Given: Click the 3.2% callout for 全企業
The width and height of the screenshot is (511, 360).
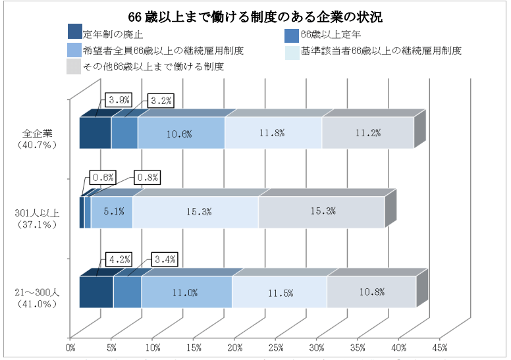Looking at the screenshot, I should [160, 100].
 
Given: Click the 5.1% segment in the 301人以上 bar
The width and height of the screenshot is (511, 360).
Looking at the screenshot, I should [111, 212].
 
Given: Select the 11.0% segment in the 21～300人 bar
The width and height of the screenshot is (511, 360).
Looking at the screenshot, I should [186, 292].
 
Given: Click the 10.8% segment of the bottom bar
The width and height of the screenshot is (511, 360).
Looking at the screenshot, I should [371, 292].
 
